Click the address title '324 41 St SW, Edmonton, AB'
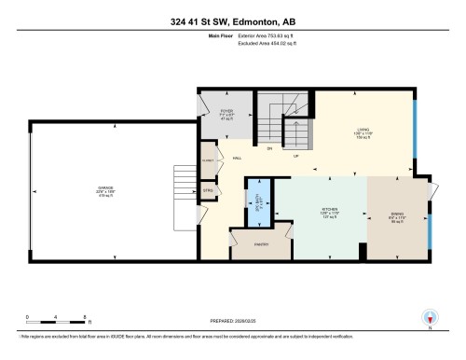point(233,21)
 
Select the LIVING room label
point(363,132)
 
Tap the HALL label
point(239,158)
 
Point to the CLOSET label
point(209,160)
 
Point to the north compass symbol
point(430,318)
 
